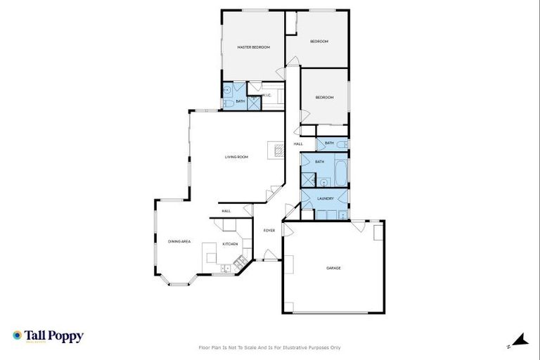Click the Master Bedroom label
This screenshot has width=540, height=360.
[254, 47]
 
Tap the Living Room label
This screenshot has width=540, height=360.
[236, 157]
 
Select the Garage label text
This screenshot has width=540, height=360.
[333, 268]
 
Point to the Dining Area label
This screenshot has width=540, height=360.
[179, 242]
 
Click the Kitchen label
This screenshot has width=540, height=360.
[230, 244]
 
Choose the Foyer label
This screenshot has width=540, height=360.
[269, 230]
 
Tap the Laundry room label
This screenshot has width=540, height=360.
[325, 198]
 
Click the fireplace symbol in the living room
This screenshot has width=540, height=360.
[277, 148]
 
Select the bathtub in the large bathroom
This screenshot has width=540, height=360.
[341, 171]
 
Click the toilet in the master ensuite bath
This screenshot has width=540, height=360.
[227, 105]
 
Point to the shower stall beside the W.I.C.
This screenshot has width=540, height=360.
[254, 103]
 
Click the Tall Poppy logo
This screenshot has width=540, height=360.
[48, 336]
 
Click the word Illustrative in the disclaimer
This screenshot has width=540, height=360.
[297, 347]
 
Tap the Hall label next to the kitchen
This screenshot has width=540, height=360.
[226, 211]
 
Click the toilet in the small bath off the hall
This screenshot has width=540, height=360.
[341, 143]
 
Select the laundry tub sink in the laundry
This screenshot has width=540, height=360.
[341, 214]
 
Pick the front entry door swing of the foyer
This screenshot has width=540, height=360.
[267, 255]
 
